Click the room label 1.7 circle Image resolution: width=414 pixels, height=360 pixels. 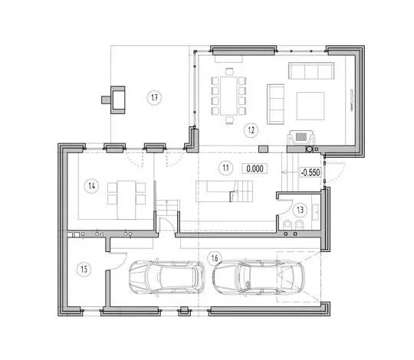click(x=154, y=97)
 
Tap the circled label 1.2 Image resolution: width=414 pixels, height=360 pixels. click(x=251, y=130)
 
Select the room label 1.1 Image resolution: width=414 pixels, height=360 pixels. click(x=225, y=168)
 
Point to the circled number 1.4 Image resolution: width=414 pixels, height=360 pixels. click(x=92, y=186)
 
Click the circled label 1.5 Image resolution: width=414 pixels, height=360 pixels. click(x=84, y=270)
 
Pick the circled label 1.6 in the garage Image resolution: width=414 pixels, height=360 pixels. click(x=215, y=258)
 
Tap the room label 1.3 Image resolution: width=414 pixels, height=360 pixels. click(x=301, y=210)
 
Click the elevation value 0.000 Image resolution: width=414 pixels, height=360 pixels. click(x=255, y=169)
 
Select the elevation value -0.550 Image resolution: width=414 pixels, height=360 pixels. click(x=310, y=172)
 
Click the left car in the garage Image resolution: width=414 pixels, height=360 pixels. click(x=166, y=277)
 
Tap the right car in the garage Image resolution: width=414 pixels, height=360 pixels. click(x=259, y=277)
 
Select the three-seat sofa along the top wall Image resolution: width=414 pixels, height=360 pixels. click(x=311, y=70)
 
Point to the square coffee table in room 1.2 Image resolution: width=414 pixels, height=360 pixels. click(x=310, y=106)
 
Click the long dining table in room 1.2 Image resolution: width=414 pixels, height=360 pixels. click(x=228, y=96)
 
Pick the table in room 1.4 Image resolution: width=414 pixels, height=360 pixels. click(x=127, y=200)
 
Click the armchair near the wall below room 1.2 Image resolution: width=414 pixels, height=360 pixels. click(x=301, y=138)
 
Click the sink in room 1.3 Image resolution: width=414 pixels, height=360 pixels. click(x=316, y=211)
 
